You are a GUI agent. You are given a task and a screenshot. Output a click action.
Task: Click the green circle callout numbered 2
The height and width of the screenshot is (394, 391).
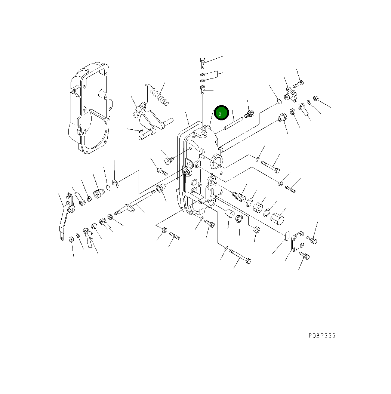pyautogui.click(x=221, y=113)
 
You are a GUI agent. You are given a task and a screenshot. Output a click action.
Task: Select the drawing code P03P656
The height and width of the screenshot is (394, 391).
pyautogui.click(x=322, y=336)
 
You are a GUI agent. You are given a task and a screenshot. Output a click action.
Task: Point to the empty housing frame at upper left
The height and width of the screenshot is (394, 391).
pyautogui.click(x=90, y=108)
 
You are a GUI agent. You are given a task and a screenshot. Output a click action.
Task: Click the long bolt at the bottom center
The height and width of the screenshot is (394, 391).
pyautogui.click(x=240, y=256)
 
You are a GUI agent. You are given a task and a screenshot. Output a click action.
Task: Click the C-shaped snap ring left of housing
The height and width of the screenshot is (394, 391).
pyautogui.click(x=116, y=183)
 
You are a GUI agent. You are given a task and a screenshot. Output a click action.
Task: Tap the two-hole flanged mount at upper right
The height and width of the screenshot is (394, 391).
pyautogui.click(x=290, y=94)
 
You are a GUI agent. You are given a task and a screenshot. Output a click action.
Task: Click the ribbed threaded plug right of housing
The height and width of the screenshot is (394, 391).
pyautogui.click(x=239, y=196)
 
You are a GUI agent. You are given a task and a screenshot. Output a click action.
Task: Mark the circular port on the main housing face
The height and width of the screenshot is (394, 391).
pyautogui.click(x=216, y=161)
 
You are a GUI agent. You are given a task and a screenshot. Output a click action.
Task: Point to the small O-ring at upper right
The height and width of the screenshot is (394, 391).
pyautogui.click(x=279, y=101)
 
